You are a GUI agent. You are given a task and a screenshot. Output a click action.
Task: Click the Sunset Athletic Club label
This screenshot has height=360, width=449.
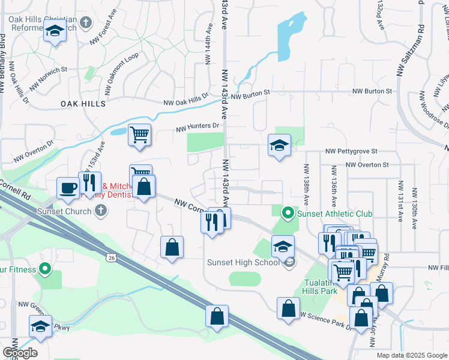tap(334, 214)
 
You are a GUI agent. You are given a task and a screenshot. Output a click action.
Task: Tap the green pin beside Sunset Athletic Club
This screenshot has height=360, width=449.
tap(288, 213)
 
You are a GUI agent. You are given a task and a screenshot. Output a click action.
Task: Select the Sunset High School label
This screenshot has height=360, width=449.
tap(243, 262)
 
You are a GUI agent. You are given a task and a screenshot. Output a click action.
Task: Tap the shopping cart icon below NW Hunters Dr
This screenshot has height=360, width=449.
tap(139, 134)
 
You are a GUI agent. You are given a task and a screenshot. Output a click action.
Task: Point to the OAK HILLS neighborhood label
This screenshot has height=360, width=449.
tap(83, 104)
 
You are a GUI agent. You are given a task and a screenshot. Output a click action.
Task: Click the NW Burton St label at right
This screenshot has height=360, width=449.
tap(372, 91)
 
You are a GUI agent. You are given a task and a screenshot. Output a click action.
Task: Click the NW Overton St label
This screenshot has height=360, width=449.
tap(365, 164)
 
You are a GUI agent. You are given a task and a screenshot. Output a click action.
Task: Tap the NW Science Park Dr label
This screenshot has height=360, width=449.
tap(325, 320)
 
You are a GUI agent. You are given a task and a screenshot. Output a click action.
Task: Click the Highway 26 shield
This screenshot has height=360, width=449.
tap(110, 257)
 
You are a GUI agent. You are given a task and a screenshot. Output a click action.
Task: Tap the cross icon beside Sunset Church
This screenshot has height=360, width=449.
tap(101, 211)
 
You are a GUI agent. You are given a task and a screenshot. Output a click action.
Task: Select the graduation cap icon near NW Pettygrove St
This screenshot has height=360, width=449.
tap(279, 145)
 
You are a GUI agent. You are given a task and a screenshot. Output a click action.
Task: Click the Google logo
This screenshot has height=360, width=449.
tap(20, 352)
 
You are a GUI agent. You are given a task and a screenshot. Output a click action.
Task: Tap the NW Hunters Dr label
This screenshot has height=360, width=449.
tap(198, 127)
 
